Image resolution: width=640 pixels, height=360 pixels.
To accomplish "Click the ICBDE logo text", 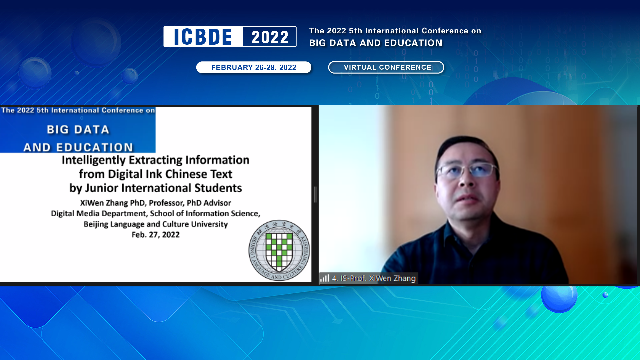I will [x=203, y=37].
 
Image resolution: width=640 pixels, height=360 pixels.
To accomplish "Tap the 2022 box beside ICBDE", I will [x=269, y=37].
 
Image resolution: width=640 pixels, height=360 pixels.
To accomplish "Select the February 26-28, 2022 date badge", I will [x=253, y=67].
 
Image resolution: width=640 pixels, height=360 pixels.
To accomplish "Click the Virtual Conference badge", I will [x=386, y=67].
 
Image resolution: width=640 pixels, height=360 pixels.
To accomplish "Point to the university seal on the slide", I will [x=279, y=250].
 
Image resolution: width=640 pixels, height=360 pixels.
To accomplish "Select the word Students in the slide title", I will [x=218, y=188].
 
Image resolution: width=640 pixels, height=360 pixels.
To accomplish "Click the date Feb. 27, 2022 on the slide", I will [x=155, y=235].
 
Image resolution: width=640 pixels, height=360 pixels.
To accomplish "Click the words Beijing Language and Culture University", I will [x=155, y=224].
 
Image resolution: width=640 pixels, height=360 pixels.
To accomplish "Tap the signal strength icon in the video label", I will [x=325, y=278].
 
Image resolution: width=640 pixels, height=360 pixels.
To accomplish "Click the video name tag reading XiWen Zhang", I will [x=373, y=278].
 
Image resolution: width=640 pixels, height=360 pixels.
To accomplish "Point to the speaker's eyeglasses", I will [x=467, y=171].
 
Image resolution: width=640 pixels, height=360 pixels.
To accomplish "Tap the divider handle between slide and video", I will [x=315, y=195].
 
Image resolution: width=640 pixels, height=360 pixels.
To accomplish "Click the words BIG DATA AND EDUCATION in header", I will [x=376, y=43].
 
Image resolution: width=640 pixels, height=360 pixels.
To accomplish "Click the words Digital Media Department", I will [x=98, y=213].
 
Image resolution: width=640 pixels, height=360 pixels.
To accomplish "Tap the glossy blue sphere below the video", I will [x=559, y=297].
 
